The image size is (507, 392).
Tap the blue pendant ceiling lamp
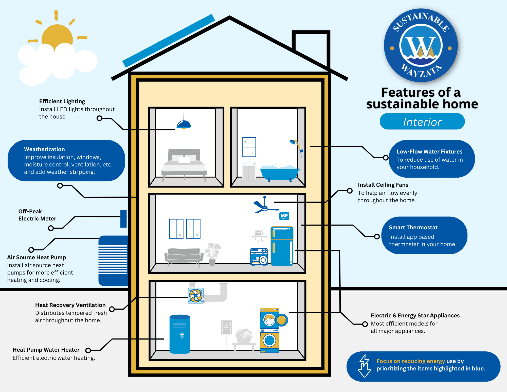click(x=184, y=125)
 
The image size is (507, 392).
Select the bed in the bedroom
click(x=184, y=164)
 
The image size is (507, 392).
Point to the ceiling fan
click(x=264, y=206)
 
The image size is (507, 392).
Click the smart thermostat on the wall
click(x=284, y=216)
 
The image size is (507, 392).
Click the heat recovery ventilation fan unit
click(x=196, y=295)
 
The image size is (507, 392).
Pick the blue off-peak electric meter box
click(x=123, y=218)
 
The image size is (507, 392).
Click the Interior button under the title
click(x=422, y=122)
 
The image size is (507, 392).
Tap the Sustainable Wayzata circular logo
click(x=421, y=46)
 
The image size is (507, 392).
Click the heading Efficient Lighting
click(x=62, y=101)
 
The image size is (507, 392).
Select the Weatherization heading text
click(x=44, y=149)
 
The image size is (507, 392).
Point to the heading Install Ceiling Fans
click(x=383, y=185)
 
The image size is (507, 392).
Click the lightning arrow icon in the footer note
click(x=364, y=366)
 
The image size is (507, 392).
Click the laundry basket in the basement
click(x=244, y=336)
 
